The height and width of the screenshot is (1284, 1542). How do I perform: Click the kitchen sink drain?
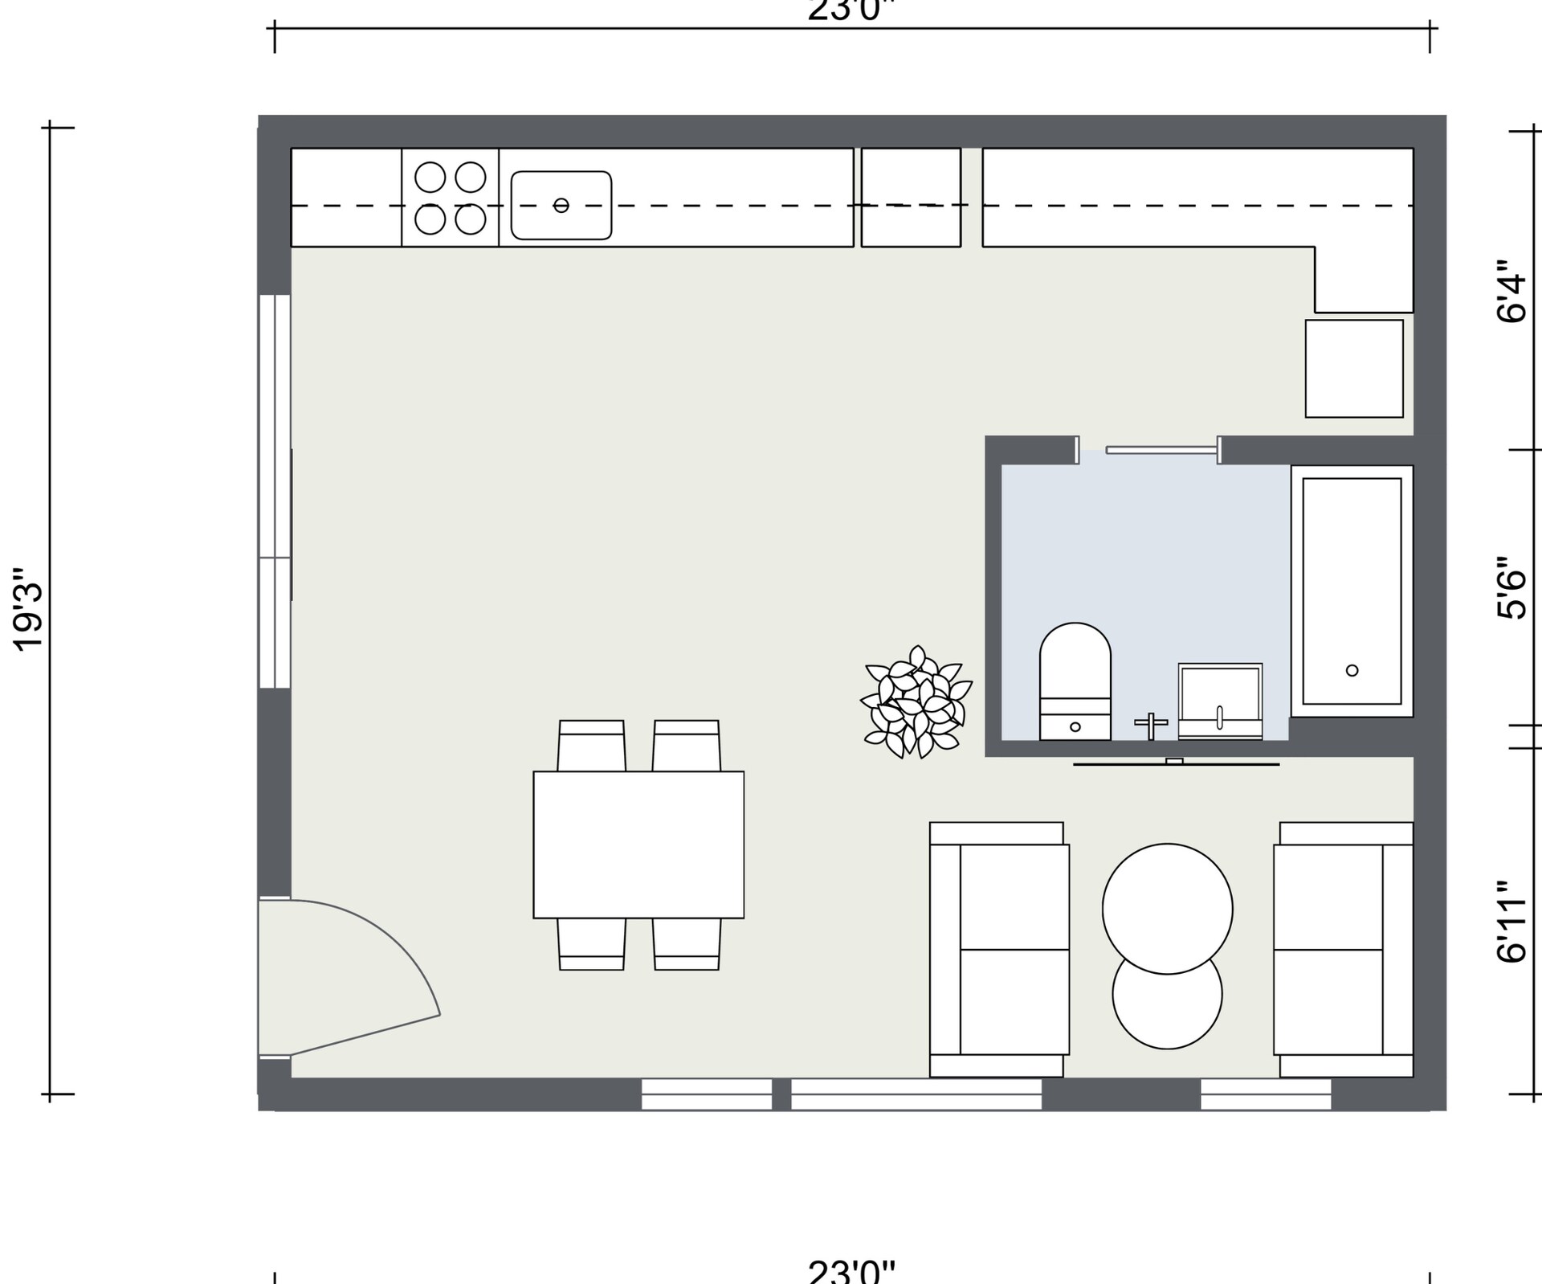coord(561,205)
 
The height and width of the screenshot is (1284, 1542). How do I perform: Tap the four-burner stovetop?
coord(450,198)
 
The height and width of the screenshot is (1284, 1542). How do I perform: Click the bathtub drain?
coord(1352,670)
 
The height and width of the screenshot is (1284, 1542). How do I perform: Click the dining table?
coord(638,844)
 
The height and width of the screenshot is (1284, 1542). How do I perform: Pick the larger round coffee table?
coord(1167,909)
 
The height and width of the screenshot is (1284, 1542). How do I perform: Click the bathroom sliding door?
coord(1162,450)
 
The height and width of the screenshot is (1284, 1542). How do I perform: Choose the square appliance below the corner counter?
coord(1354,369)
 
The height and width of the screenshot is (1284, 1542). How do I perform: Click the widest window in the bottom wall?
coord(916,1094)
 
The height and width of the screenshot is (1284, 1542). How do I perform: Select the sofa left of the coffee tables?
coord(999,949)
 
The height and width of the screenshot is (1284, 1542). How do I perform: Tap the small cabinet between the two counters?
coord(911,198)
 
